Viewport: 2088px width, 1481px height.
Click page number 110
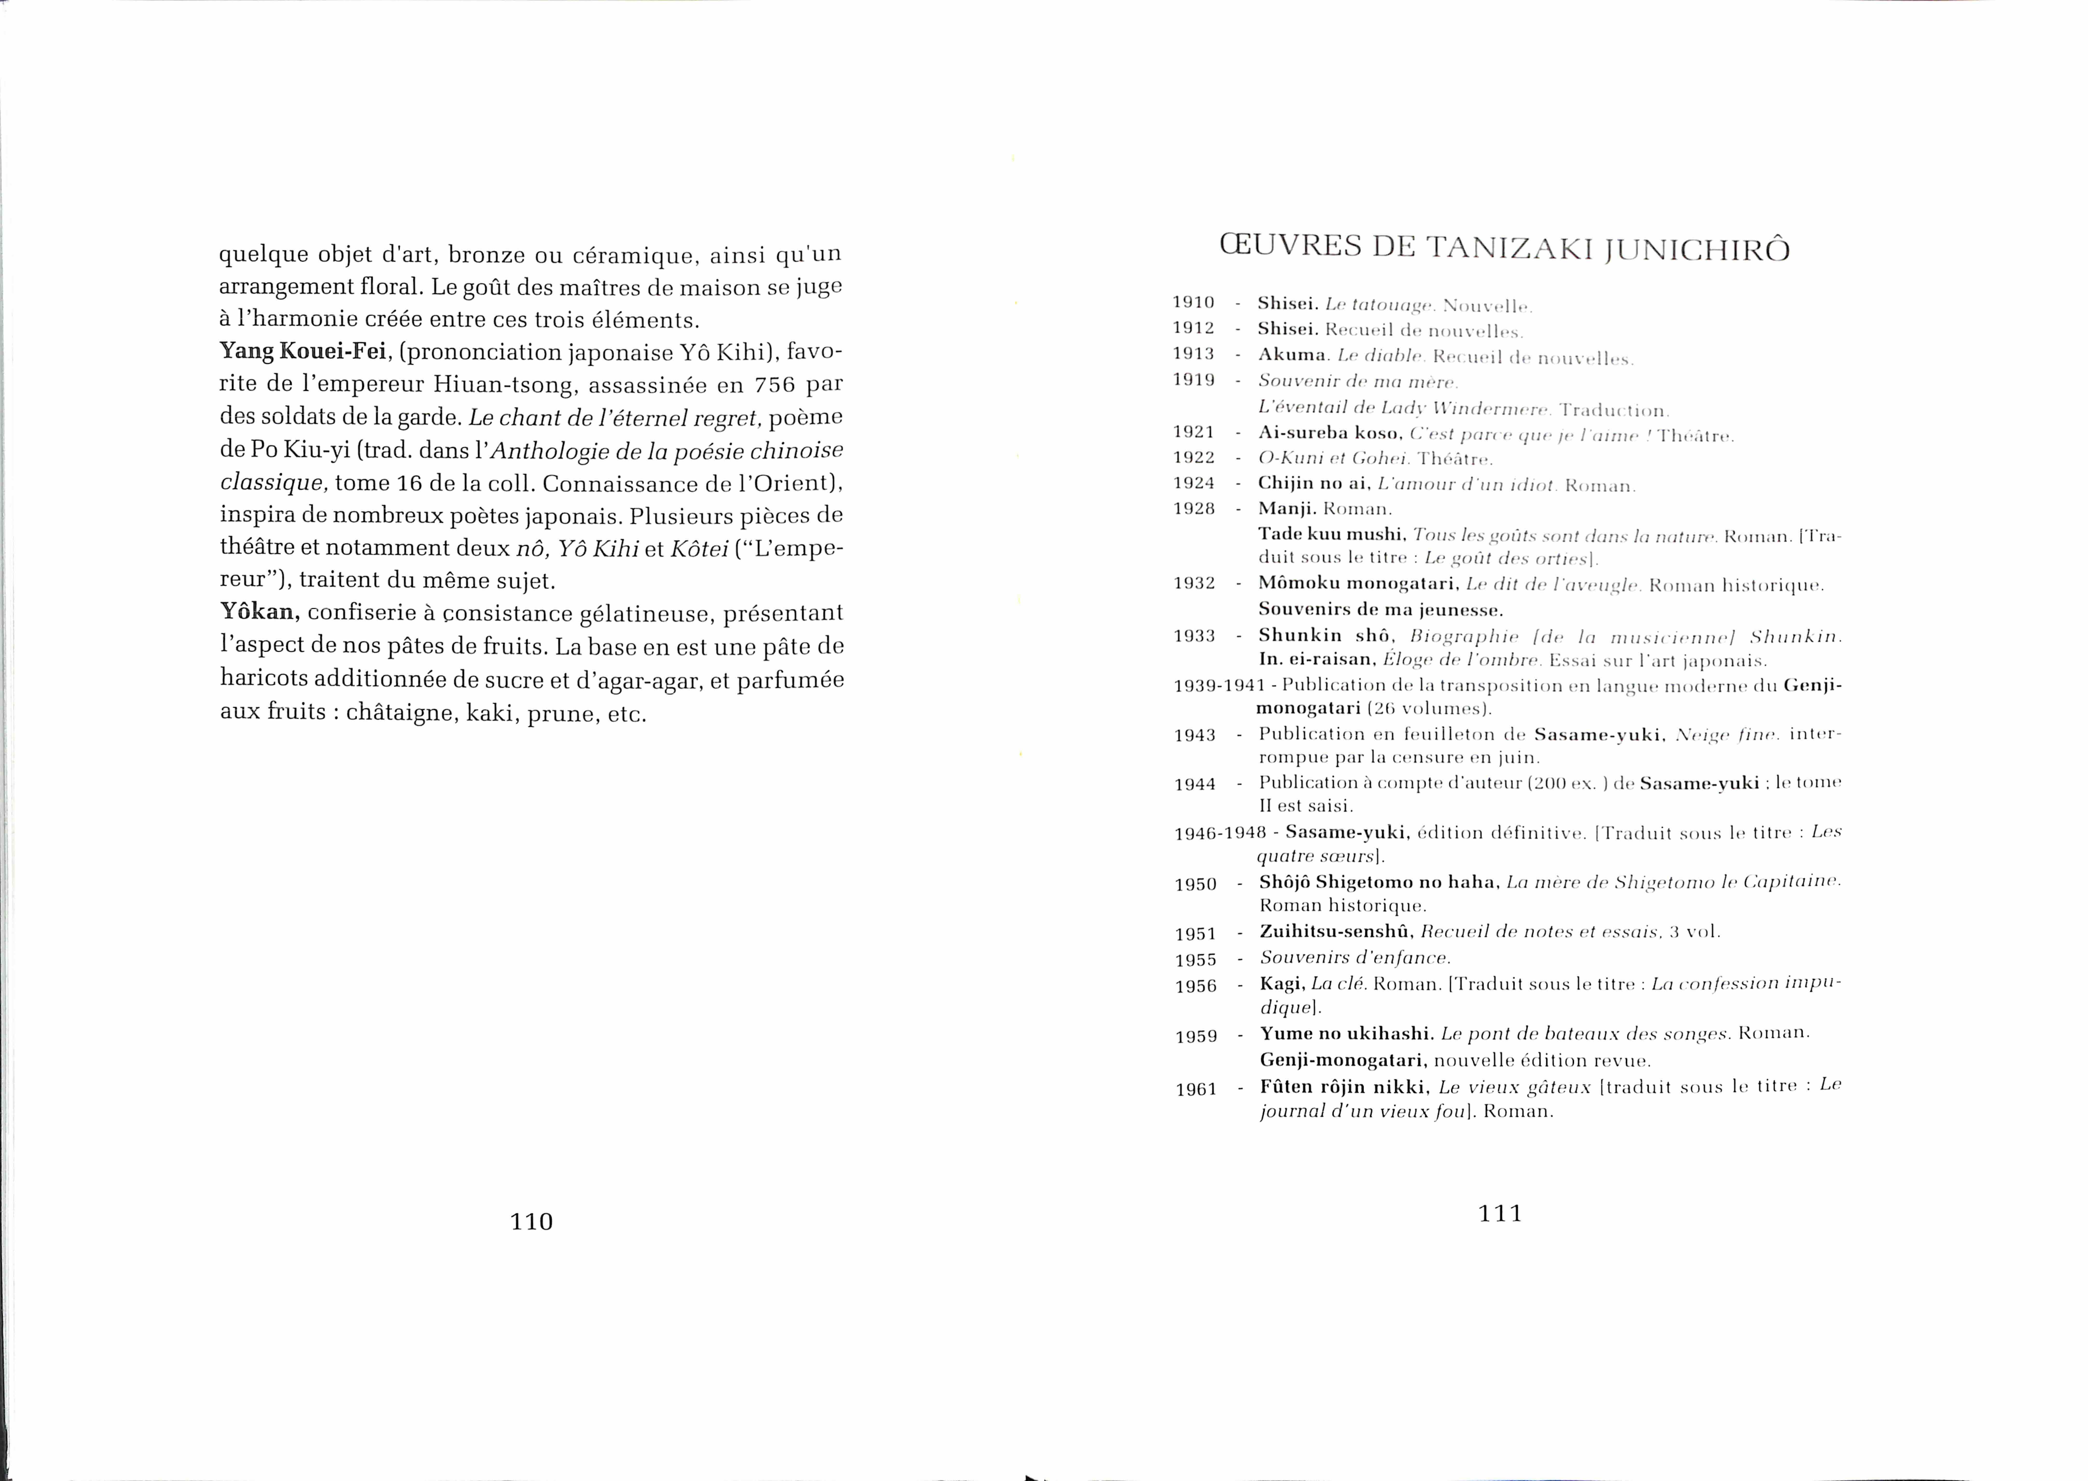click(x=531, y=1221)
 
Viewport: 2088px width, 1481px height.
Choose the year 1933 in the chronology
click(x=1194, y=636)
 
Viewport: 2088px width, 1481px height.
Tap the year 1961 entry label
click(x=1196, y=1089)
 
